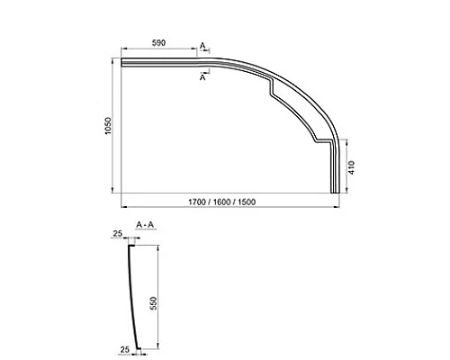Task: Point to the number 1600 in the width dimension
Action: click(223, 200)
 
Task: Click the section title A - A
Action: click(144, 222)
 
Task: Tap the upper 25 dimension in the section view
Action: click(117, 234)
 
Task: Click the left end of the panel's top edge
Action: click(123, 61)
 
